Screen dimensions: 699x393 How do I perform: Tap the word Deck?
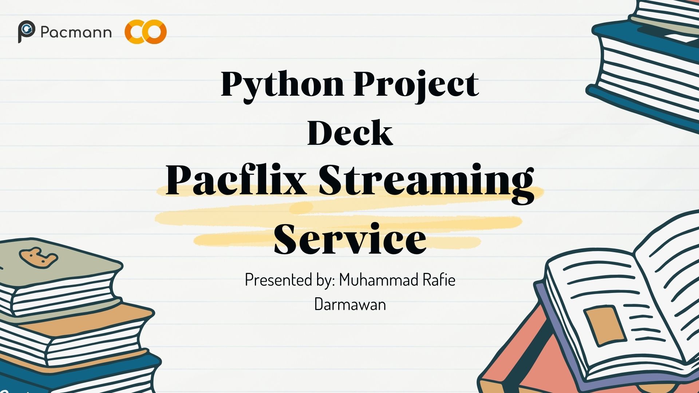point(350,132)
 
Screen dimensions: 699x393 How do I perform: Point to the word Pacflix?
point(236,180)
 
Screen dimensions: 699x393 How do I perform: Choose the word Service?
point(350,239)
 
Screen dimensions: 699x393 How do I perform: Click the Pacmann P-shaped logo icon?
point(26,31)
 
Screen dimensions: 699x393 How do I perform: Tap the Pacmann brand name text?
point(76,32)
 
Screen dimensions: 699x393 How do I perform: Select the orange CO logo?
point(146,32)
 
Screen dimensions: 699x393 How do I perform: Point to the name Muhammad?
point(379,279)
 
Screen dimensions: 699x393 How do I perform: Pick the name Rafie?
point(439,279)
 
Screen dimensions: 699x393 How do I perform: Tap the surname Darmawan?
point(350,304)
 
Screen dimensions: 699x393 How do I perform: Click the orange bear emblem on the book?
point(38,258)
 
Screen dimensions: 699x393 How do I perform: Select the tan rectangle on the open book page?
point(605,325)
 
